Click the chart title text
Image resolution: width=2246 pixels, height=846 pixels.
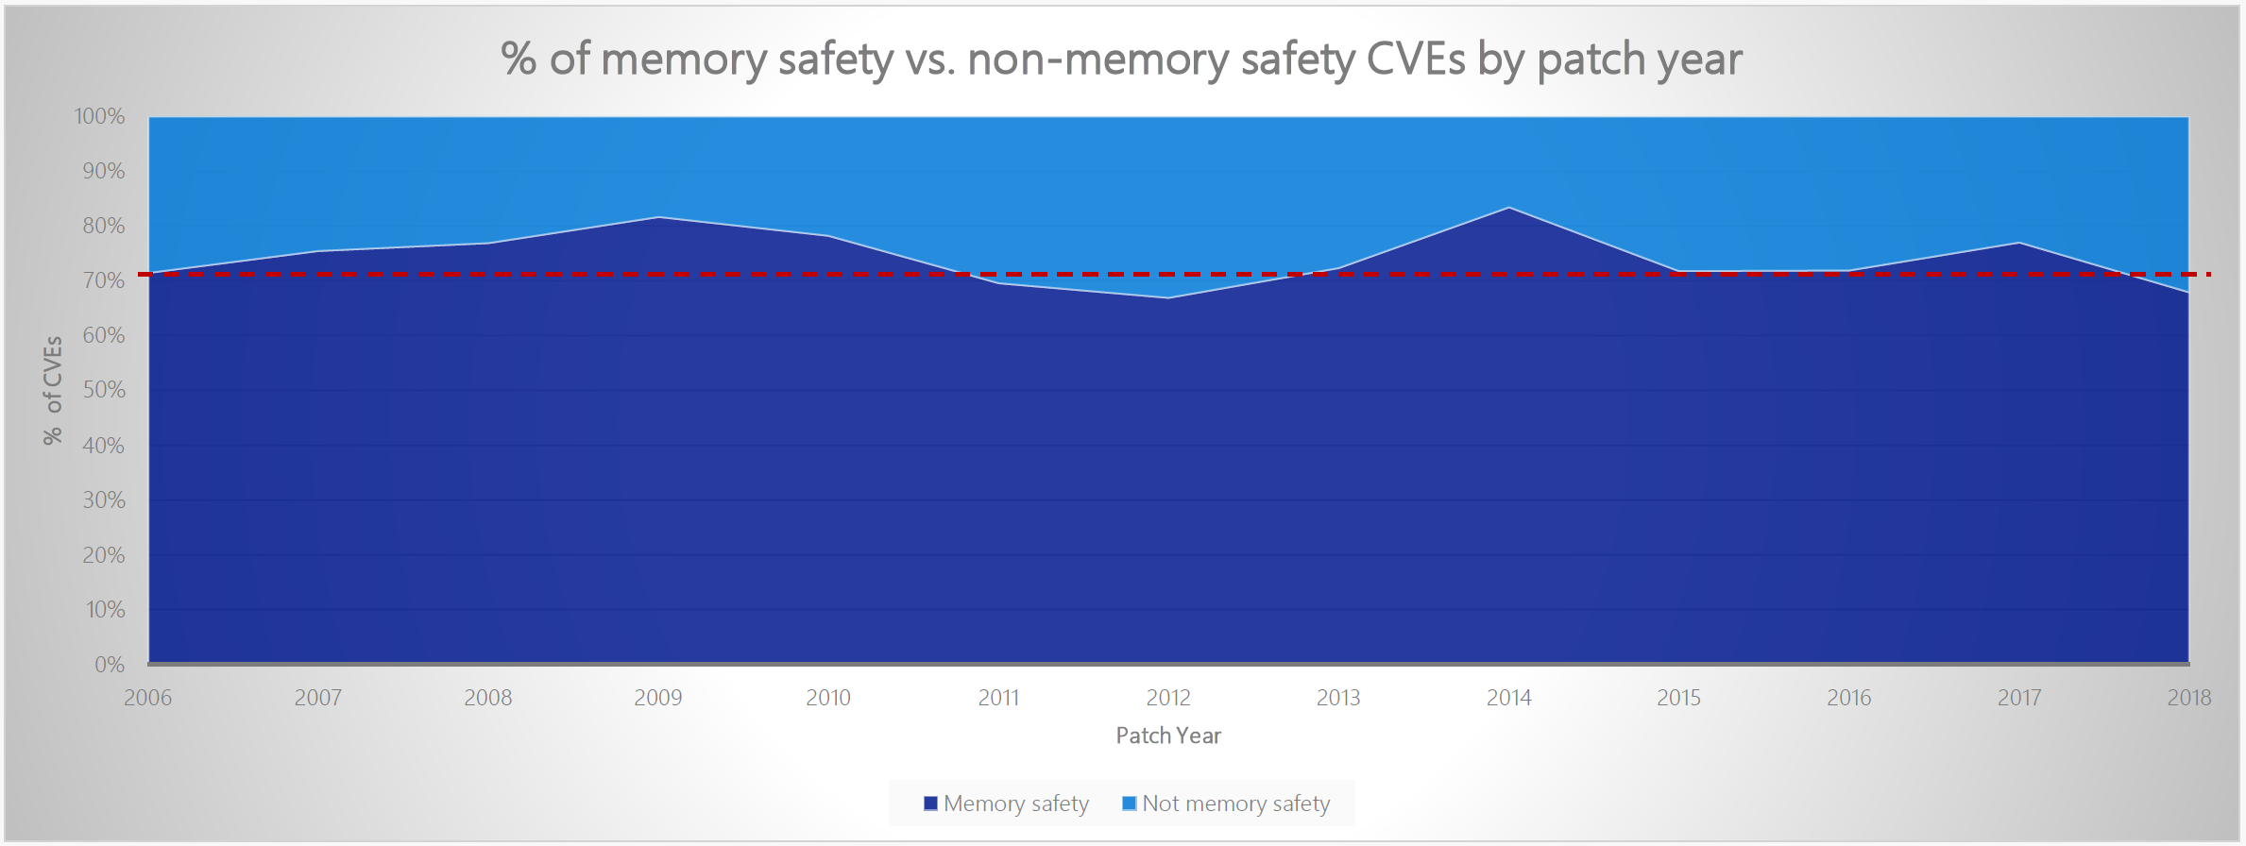click(x=1121, y=59)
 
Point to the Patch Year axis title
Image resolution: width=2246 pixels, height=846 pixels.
click(x=1168, y=736)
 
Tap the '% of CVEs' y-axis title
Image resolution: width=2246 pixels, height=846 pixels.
click(x=53, y=389)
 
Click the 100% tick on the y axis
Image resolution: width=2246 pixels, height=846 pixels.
click(x=100, y=116)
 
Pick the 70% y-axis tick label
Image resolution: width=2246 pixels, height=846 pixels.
click(x=103, y=280)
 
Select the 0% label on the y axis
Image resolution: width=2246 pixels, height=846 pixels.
click(x=110, y=665)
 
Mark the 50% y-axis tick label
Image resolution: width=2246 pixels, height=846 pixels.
click(x=103, y=390)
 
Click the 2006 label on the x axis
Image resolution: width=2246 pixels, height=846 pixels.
click(x=148, y=698)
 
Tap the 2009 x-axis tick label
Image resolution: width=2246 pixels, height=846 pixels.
click(x=658, y=698)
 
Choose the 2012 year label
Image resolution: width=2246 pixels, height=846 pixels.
click(x=1168, y=698)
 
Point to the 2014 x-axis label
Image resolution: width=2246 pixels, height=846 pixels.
click(x=1508, y=698)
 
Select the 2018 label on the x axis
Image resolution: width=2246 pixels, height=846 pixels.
click(x=2188, y=698)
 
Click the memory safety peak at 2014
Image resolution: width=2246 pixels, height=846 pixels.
click(x=1509, y=208)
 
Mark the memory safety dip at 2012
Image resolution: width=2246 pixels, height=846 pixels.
click(x=1168, y=298)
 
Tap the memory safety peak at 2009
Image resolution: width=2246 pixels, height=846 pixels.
click(x=658, y=218)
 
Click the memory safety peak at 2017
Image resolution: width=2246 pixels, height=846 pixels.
click(x=2019, y=244)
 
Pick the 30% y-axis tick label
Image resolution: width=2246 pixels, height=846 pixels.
click(x=103, y=500)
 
